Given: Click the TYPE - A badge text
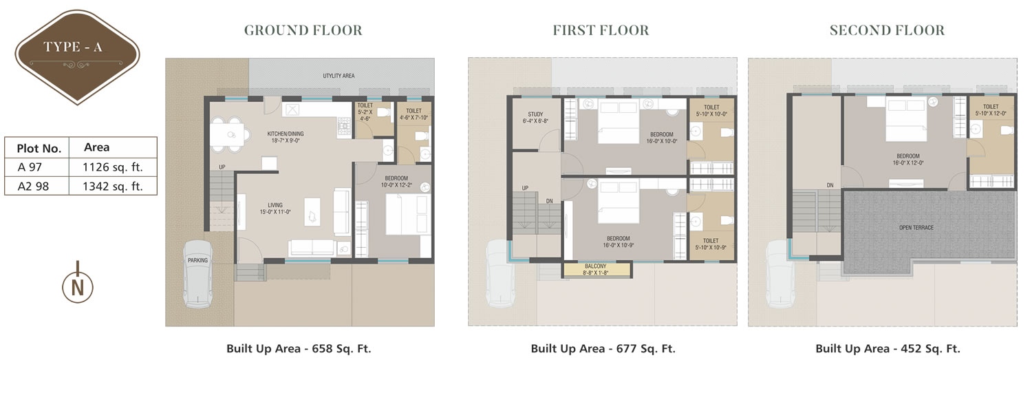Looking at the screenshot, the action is (x=73, y=47).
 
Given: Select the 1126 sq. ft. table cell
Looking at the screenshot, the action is (x=113, y=167).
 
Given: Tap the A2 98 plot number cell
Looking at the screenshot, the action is (x=33, y=187).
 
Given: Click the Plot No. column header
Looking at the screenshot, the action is (x=39, y=149).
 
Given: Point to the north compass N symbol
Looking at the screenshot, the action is (x=77, y=287).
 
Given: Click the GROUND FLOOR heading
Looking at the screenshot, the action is (x=303, y=30).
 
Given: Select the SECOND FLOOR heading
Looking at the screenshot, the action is (x=887, y=30).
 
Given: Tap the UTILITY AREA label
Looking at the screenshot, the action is (x=338, y=76).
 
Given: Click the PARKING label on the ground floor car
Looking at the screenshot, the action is (x=197, y=260).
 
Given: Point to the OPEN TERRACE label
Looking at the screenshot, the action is (x=916, y=228).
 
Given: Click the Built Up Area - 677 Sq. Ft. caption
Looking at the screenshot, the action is (x=603, y=348).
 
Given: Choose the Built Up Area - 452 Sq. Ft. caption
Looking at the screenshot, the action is (x=888, y=348).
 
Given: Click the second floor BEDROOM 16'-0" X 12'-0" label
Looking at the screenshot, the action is (x=908, y=160).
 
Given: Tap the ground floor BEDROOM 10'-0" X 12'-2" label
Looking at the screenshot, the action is (x=396, y=182).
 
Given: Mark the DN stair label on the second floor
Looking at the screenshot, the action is (x=830, y=185).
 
